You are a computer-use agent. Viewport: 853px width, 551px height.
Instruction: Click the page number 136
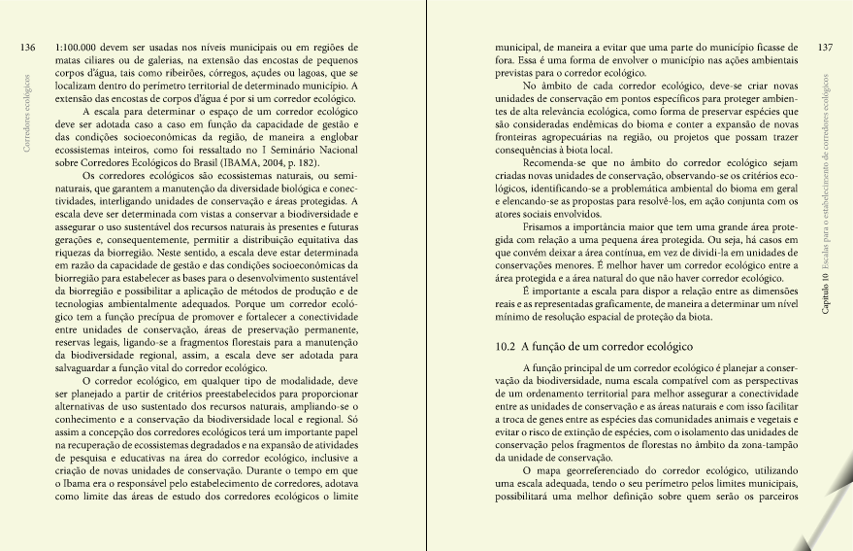tap(28, 47)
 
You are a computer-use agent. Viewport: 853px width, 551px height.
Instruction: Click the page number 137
tap(825, 47)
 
